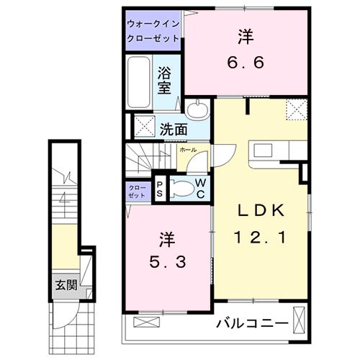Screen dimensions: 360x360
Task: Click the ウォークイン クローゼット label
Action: (x=154, y=30)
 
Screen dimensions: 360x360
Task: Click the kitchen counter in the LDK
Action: (x=273, y=153)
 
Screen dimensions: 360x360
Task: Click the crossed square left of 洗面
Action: (x=140, y=128)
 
